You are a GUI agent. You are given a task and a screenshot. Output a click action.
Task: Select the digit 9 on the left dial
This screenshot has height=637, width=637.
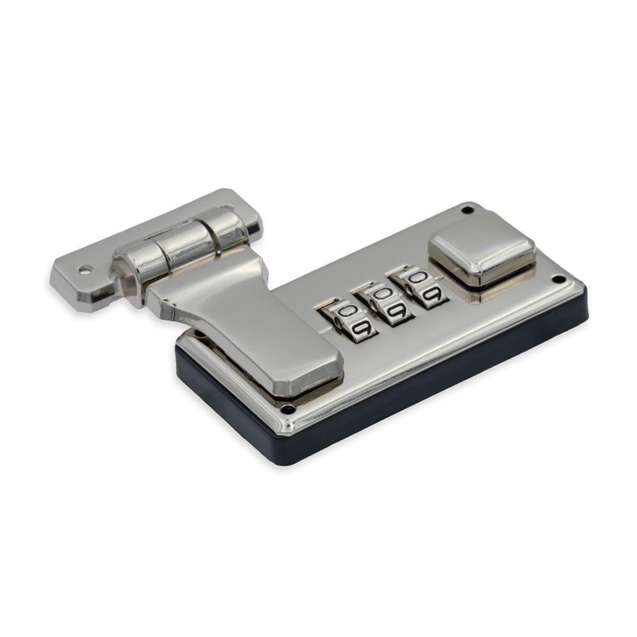(x=363, y=328)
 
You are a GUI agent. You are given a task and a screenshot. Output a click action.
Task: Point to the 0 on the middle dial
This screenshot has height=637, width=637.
(x=382, y=293)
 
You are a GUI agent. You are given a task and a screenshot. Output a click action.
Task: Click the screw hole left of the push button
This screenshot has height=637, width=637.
(x=468, y=210)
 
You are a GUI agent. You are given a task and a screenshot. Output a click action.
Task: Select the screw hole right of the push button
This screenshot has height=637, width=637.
(x=559, y=280)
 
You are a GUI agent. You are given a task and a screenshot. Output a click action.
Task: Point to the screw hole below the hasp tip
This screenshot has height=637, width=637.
(x=289, y=408)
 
